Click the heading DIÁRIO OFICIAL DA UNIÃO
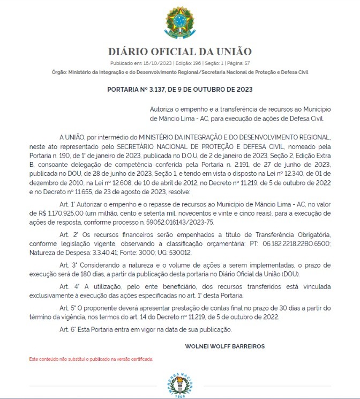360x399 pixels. (x=179, y=51)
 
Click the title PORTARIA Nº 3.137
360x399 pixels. (x=179, y=89)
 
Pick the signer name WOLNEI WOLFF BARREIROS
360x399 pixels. (x=224, y=346)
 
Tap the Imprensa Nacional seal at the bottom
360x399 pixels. (x=180, y=385)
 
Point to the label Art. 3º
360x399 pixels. (x=68, y=265)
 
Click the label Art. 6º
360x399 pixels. (x=68, y=329)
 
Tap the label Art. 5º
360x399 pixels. (x=68, y=308)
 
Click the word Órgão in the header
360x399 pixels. (x=58, y=71)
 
